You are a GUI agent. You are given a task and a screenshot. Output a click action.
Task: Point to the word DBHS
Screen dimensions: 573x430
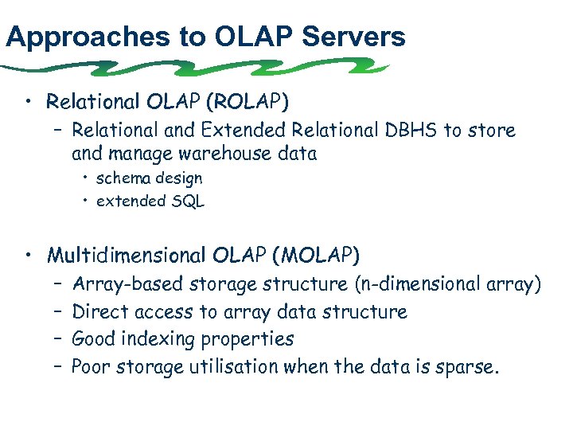(x=413, y=129)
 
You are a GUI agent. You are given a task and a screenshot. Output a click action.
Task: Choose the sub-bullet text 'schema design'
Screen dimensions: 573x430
(x=149, y=178)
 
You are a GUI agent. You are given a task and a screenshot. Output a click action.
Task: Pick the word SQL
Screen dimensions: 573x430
(x=189, y=201)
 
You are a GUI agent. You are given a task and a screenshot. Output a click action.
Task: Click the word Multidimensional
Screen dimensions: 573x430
(x=127, y=255)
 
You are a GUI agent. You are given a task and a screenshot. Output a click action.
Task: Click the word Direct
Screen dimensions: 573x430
(x=100, y=311)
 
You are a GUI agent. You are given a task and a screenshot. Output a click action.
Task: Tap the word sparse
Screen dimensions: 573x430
(x=470, y=367)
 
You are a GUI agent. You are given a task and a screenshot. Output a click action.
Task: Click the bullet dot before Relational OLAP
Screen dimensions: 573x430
(x=29, y=101)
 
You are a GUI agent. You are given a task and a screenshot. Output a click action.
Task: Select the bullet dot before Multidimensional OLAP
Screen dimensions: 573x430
(x=29, y=255)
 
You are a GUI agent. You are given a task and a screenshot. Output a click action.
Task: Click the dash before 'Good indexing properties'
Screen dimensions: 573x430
(x=59, y=339)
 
